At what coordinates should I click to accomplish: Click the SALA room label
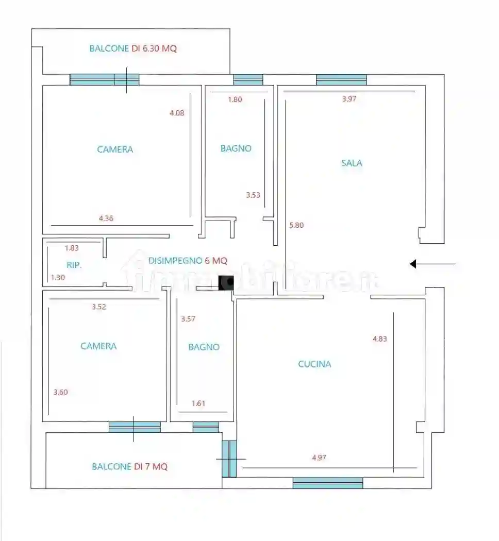pyautogui.click(x=352, y=163)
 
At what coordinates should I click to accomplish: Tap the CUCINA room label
pyautogui.click(x=314, y=364)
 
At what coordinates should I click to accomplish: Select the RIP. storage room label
pyautogui.click(x=74, y=265)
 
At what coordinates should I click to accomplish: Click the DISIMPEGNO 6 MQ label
pyautogui.click(x=188, y=261)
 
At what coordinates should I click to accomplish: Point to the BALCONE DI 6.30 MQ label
pyautogui.click(x=133, y=48)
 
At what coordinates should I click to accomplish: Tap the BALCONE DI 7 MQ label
pyautogui.click(x=130, y=466)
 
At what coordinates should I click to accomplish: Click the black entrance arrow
pyautogui.click(x=433, y=264)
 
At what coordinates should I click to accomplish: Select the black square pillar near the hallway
pyautogui.click(x=226, y=283)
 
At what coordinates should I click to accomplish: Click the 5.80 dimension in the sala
pyautogui.click(x=296, y=225)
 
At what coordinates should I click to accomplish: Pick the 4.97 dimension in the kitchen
pyautogui.click(x=319, y=458)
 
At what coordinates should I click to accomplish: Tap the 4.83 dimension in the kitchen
pyautogui.click(x=379, y=339)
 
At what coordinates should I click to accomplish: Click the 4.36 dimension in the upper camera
pyautogui.click(x=106, y=218)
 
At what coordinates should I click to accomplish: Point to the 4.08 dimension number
pyautogui.click(x=177, y=113)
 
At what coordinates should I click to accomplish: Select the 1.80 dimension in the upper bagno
pyautogui.click(x=235, y=99)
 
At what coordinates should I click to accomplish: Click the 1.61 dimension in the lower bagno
pyautogui.click(x=198, y=403)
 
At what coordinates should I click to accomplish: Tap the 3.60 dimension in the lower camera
pyautogui.click(x=60, y=392)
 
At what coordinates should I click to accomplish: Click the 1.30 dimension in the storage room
pyautogui.click(x=58, y=277)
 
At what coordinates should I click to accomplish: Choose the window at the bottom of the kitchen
pyautogui.click(x=328, y=483)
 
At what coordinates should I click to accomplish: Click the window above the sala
pyautogui.click(x=341, y=80)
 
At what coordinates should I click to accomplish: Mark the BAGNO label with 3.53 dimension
pyautogui.click(x=236, y=148)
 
